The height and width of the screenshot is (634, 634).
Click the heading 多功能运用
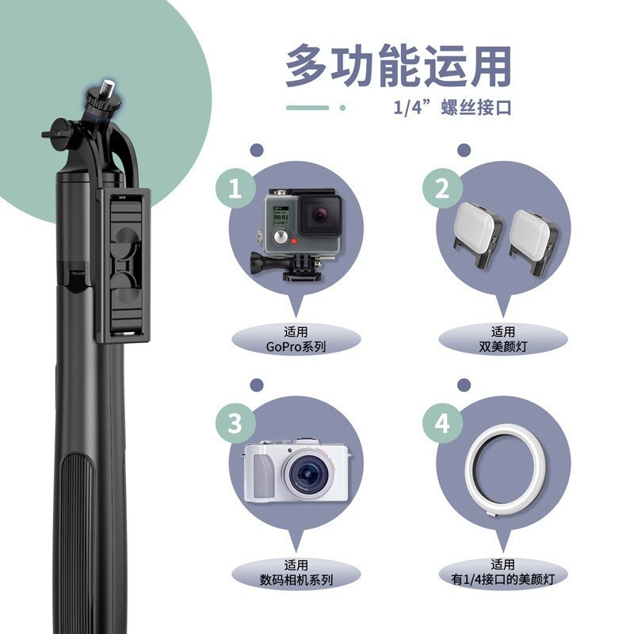398,67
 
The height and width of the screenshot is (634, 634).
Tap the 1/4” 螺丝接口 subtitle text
453,107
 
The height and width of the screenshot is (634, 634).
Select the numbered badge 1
235,189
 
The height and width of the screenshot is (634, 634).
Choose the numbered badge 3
235,422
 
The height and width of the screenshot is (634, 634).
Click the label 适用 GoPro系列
296,339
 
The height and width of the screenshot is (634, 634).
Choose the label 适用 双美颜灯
503,339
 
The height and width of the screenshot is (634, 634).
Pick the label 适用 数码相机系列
296,572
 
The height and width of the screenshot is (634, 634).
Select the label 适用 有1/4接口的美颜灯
503,572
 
